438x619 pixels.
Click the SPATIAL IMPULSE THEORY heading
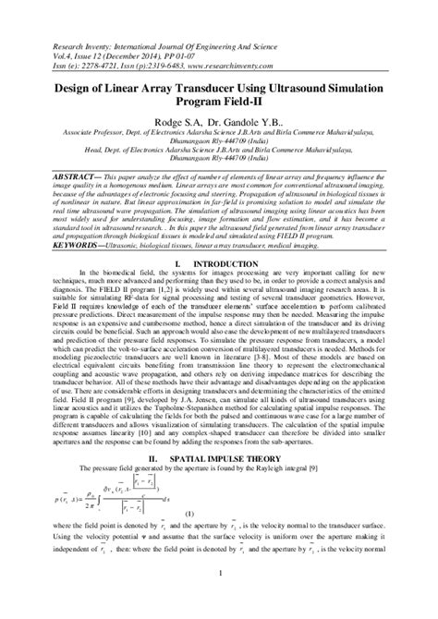237,483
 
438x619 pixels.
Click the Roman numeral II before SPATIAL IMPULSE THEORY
177,483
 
